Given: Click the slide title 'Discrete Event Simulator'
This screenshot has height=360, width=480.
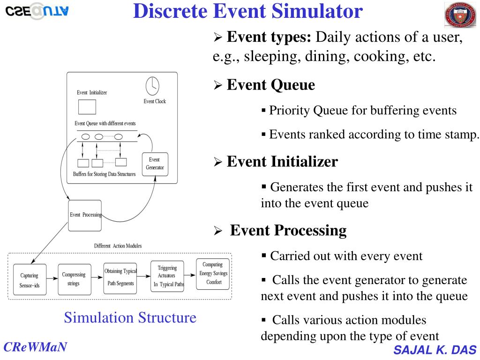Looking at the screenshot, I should point(248,11).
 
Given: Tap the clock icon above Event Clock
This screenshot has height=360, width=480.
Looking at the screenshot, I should point(152,86).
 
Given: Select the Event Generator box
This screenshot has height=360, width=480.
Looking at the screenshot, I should point(155,164).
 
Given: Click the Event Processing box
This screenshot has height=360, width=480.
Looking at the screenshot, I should point(85,215).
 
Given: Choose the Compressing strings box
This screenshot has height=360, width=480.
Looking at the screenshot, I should point(74,279).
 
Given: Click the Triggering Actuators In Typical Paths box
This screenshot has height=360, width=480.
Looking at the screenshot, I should point(166,276).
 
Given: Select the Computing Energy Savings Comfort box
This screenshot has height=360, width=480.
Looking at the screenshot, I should point(213,274).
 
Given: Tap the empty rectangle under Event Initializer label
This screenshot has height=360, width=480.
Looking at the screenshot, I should point(87,107).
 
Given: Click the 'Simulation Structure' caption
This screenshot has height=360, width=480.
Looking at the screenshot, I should point(130,318).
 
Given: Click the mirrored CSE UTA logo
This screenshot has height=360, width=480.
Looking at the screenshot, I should point(37,11).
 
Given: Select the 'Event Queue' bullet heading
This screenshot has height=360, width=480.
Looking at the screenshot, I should point(270,85).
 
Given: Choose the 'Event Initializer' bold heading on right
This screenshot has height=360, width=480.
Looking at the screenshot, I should point(282,162).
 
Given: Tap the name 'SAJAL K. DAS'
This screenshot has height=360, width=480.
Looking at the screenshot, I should point(435,350).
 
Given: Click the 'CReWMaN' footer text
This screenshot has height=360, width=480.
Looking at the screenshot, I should point(35,347).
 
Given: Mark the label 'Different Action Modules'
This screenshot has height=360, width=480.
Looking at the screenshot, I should point(118,246).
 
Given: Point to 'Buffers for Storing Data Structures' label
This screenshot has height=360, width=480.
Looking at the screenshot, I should point(104,174).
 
